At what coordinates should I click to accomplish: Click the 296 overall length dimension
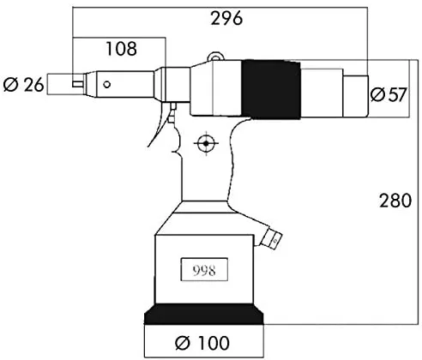point(226,19)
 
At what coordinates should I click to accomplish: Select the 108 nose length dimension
point(121,49)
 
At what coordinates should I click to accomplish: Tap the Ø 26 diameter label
point(23,85)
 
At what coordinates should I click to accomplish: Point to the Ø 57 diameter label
point(389,94)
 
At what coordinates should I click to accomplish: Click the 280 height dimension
point(395,201)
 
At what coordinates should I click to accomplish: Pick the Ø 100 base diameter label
point(202,343)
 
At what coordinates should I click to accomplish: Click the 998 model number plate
point(204,269)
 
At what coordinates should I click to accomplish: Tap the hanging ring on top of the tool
point(215,56)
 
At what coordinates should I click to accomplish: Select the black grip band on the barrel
point(271,89)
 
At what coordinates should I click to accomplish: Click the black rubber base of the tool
point(203,315)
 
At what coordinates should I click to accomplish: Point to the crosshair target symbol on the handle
point(206,143)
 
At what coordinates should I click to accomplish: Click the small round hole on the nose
point(107,85)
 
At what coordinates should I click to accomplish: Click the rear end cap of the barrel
point(355,96)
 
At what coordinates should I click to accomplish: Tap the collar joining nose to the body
point(172,84)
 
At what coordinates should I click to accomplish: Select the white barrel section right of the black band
point(322,93)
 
